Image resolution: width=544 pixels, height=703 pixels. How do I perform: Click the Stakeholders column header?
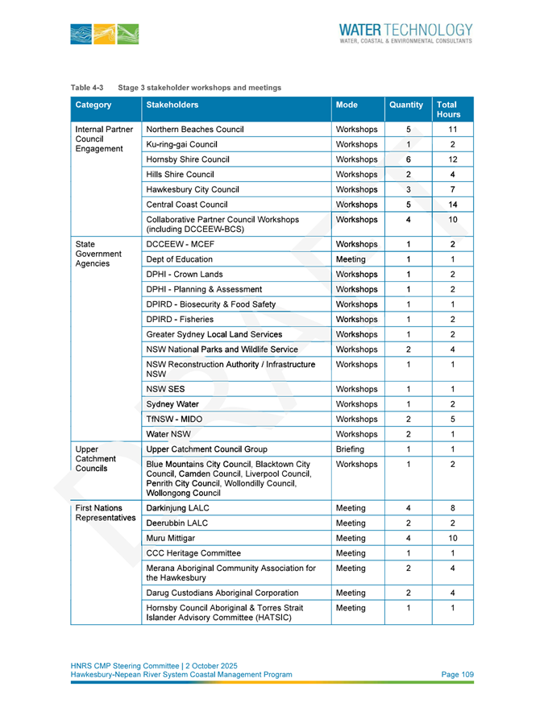click(172, 105)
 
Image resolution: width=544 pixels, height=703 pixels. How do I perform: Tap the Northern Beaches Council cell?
click(194, 129)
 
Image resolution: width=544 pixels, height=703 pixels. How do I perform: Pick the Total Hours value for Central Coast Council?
click(453, 205)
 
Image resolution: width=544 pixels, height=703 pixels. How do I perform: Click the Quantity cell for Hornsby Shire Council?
click(409, 159)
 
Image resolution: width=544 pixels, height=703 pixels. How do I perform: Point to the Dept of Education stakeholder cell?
click(179, 259)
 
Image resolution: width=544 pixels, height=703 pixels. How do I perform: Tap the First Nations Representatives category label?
click(105, 514)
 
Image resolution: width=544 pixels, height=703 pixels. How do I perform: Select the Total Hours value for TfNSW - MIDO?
click(453, 420)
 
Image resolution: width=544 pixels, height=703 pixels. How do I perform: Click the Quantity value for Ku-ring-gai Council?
click(409, 144)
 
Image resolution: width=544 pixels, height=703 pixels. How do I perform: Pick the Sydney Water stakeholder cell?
click(172, 404)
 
